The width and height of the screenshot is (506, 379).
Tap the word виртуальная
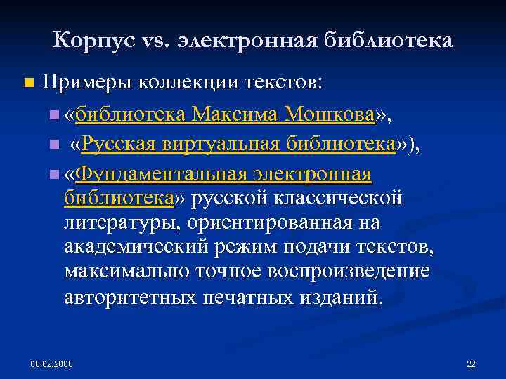[221, 144]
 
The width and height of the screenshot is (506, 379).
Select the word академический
[136, 247]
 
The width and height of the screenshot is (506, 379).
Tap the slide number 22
[471, 364]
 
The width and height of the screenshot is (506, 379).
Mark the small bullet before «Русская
[54, 145]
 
